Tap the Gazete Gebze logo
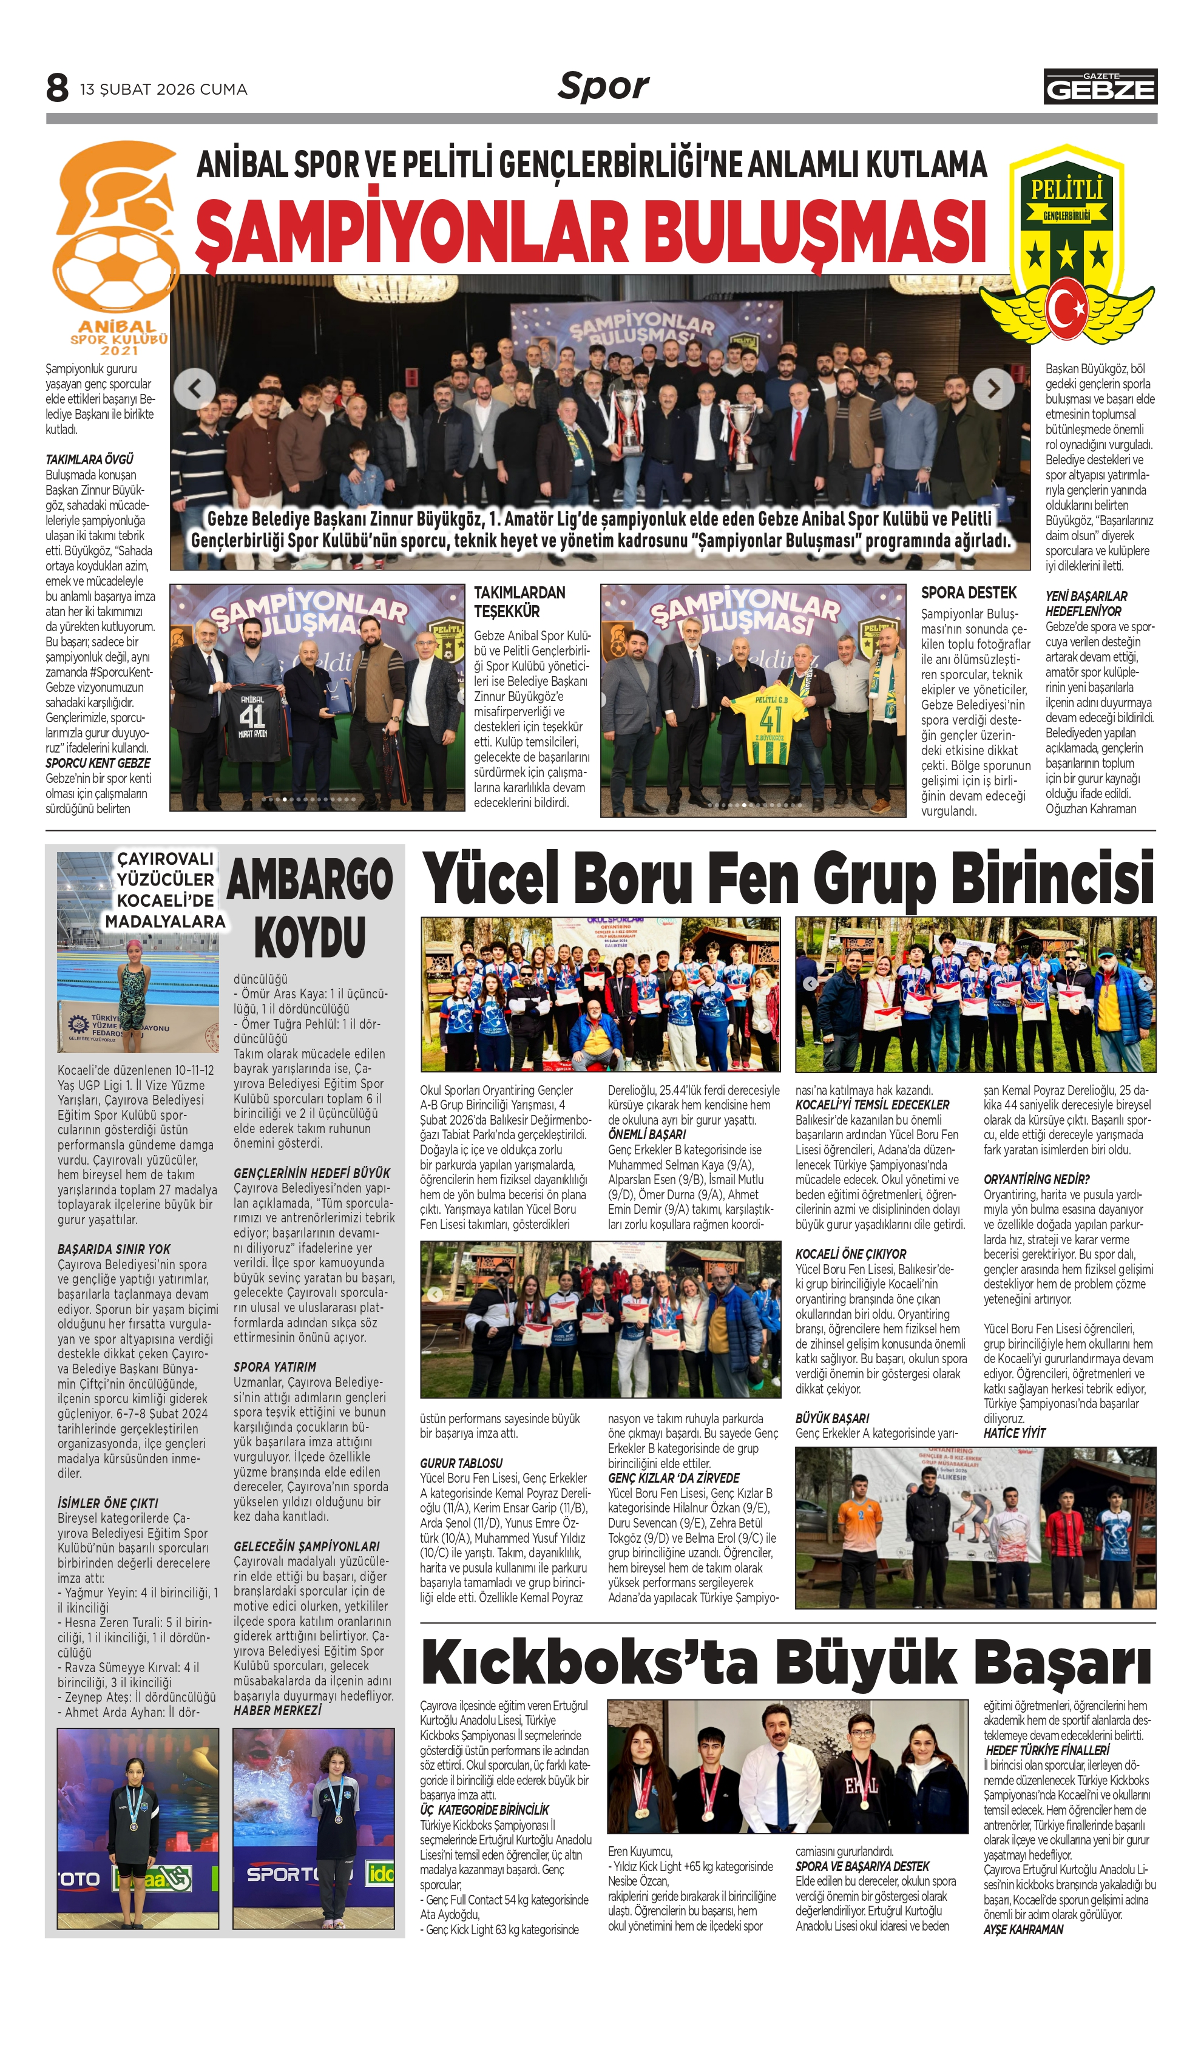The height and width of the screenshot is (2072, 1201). pyautogui.click(x=1100, y=86)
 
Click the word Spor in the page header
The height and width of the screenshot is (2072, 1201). pyautogui.click(x=603, y=86)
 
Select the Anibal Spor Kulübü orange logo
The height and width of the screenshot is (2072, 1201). pyautogui.click(x=113, y=246)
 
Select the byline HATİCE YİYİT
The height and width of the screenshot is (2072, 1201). pyautogui.click(x=1015, y=1433)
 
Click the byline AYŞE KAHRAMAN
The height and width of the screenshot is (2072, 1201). pyautogui.click(x=1023, y=1929)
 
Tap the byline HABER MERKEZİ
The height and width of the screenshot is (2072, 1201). pyautogui.click(x=277, y=1710)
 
